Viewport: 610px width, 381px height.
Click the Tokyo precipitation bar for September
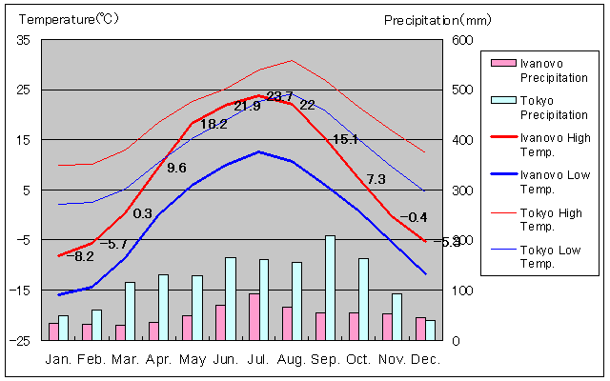tap(330, 288)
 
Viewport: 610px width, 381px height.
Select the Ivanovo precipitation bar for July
tap(254, 316)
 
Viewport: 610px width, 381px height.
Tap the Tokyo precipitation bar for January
tap(63, 328)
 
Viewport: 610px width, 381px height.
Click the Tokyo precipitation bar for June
tap(230, 298)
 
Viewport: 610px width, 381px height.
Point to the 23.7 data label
tap(279, 96)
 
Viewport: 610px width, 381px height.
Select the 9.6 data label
tap(175, 168)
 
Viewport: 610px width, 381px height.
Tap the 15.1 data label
tap(345, 139)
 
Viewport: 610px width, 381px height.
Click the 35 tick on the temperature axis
tap(23, 40)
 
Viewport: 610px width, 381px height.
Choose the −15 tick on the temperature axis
tap(21, 290)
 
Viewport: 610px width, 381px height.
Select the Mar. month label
tap(126, 359)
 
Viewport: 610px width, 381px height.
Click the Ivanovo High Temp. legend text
tap(552, 145)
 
